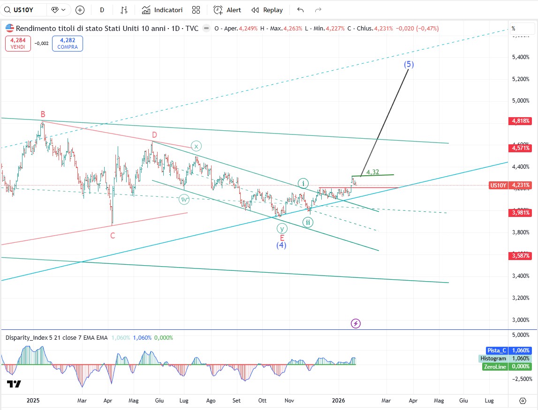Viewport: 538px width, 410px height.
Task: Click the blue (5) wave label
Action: (x=409, y=65)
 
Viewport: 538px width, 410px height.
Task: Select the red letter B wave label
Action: (x=43, y=114)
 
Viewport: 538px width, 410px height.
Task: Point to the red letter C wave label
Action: (x=113, y=236)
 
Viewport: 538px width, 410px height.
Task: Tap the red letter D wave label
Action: (x=154, y=135)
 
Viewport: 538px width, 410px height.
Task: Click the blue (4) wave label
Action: (x=281, y=245)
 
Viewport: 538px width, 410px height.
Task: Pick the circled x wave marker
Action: (x=196, y=146)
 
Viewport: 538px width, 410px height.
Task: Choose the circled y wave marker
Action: (x=281, y=229)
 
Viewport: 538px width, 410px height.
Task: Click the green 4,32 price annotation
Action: (x=373, y=172)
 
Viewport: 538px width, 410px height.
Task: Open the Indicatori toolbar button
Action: (x=162, y=10)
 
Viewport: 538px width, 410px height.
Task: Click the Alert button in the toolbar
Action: (x=227, y=10)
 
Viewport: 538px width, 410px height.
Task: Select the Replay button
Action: (x=267, y=10)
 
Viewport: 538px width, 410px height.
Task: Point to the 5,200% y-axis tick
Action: (x=520, y=79)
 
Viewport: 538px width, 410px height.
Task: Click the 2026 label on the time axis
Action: (x=338, y=401)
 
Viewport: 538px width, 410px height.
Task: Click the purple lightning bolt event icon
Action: (x=356, y=323)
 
